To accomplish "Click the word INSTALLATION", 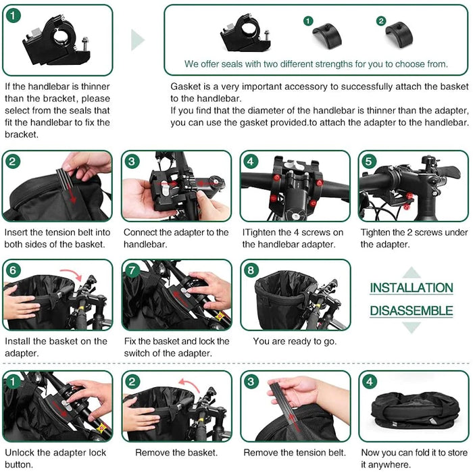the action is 412,287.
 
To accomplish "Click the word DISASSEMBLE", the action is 412,311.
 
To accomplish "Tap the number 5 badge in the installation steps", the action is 369,161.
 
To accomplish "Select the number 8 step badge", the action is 251,270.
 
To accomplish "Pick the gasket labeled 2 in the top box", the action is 399,34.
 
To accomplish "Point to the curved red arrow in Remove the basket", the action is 189,384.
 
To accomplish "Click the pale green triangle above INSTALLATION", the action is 412,273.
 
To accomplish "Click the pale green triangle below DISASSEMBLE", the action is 412,327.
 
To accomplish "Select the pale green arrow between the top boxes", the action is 138,40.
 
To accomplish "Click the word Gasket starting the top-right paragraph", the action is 184,86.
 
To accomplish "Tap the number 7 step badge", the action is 132,270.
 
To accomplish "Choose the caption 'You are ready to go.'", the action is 295,341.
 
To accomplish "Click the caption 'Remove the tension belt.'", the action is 295,453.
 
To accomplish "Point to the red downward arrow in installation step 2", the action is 71,193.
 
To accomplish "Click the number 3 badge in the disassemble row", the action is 251,382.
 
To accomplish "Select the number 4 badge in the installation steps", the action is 251,161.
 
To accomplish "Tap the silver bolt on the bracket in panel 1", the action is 84,45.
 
